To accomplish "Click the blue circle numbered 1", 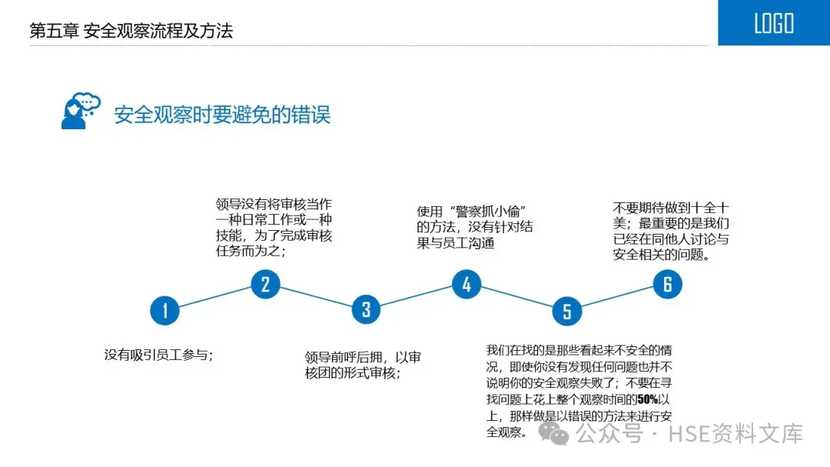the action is coord(164,311).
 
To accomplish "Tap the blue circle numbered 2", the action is coord(265,285).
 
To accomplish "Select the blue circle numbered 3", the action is coord(366,309).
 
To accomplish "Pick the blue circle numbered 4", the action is coord(466,285).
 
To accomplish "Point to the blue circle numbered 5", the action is coord(566,311).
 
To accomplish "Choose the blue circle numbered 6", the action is coord(667,285).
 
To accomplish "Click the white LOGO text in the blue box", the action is coord(773,23).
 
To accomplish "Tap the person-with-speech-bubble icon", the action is coord(80,112).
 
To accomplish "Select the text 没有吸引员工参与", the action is coord(157,355).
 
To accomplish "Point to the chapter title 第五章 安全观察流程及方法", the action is coord(131,31).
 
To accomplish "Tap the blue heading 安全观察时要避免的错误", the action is coord(222,115).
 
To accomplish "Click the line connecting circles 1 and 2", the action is coord(215,298).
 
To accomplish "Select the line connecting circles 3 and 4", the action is coord(416,297).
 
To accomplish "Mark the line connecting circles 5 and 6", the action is coord(617,298).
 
